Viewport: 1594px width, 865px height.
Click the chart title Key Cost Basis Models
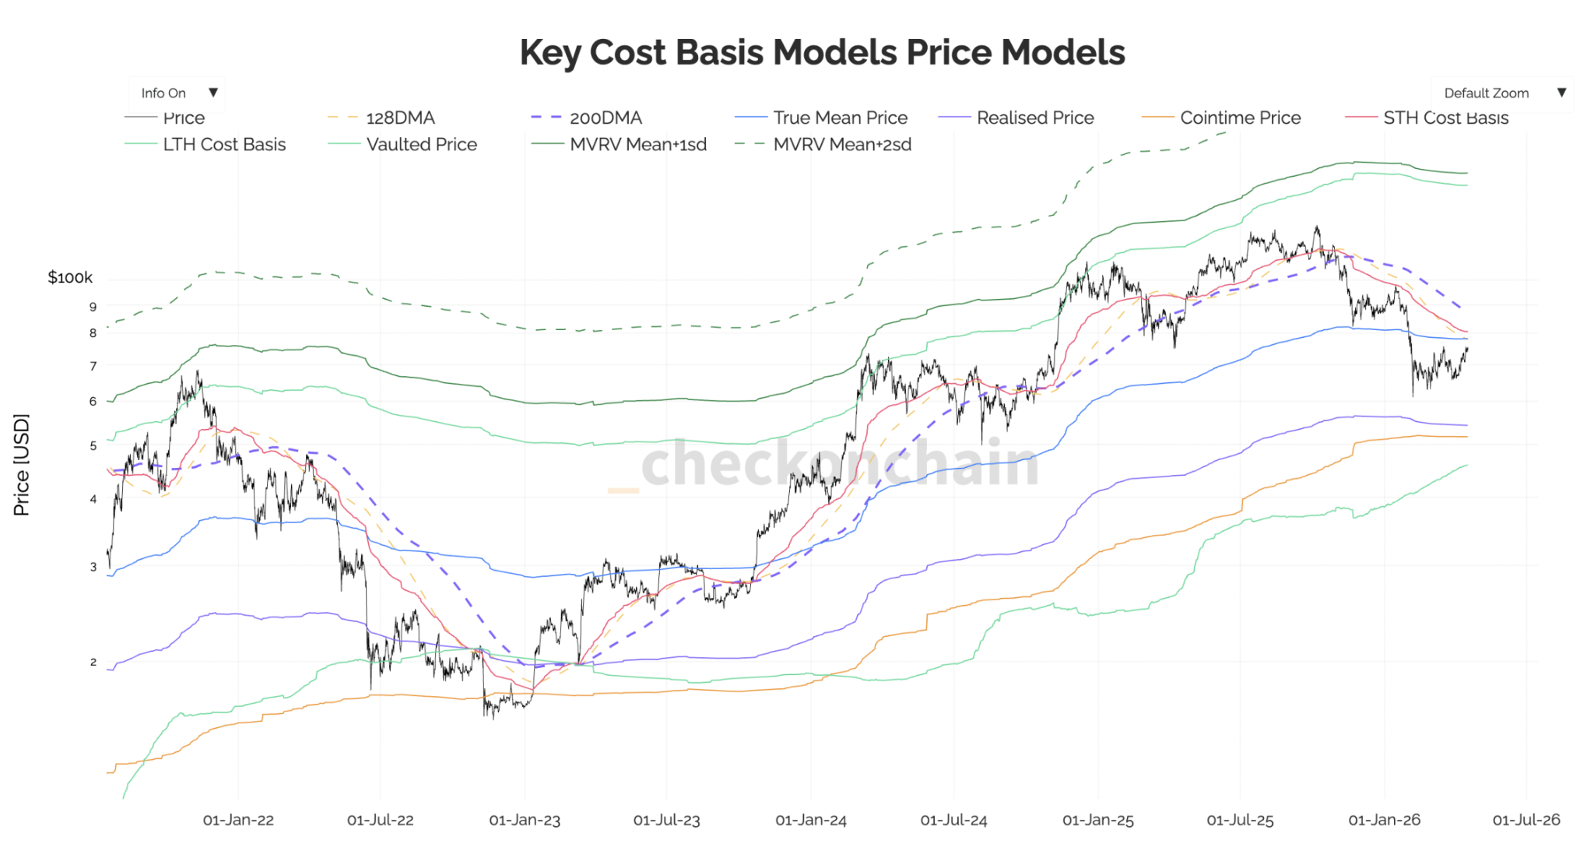click(x=822, y=53)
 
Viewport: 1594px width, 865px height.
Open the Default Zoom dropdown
click(x=1501, y=93)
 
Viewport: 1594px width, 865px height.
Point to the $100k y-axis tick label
click(x=70, y=278)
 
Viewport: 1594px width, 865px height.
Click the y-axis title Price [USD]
click(x=22, y=465)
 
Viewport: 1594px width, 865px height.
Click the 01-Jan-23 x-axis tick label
click(x=525, y=821)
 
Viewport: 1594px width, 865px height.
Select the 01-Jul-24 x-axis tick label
click(x=953, y=821)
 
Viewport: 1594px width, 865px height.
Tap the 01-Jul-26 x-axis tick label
click(x=1526, y=821)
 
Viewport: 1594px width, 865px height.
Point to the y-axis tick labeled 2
click(x=93, y=663)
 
